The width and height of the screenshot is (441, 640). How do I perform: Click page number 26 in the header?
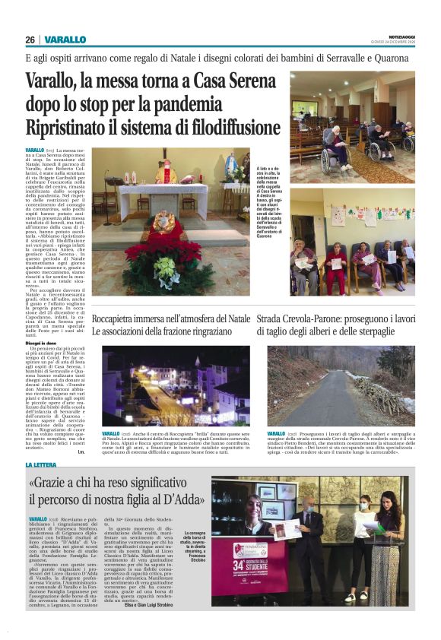tap(30, 40)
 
